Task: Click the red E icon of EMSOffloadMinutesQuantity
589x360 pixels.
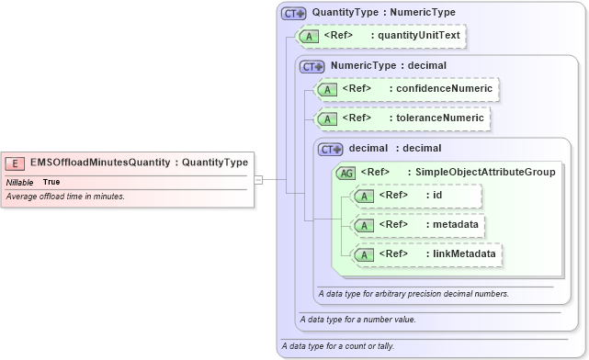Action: (15, 163)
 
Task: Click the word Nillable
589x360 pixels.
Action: (20, 182)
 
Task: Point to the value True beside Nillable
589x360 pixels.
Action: (53, 182)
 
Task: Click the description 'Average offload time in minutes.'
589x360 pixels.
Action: (65, 197)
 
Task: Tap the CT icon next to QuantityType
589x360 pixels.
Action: (294, 14)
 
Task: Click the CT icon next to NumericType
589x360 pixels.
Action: (313, 66)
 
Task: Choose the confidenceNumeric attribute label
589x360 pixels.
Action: (443, 89)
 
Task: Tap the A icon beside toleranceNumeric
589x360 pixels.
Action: (327, 118)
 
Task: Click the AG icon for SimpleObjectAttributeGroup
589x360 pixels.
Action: (347, 172)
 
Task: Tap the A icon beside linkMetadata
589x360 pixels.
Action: (365, 254)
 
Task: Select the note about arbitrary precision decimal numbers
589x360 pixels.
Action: (413, 294)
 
